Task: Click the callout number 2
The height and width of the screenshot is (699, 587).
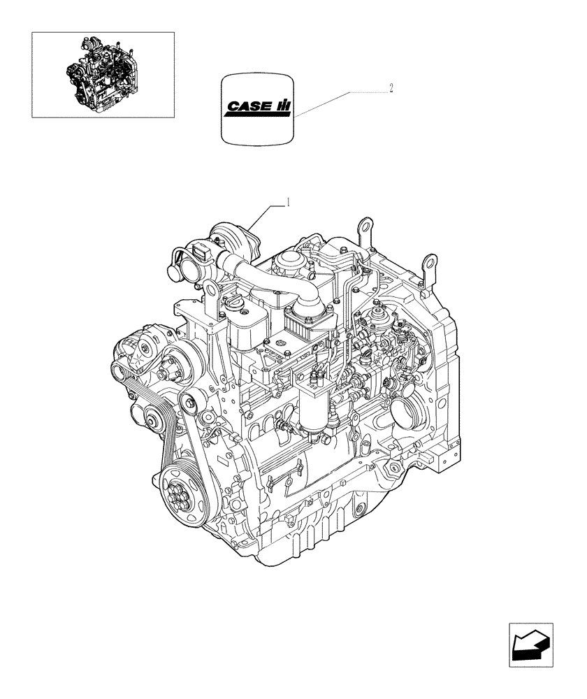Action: click(391, 88)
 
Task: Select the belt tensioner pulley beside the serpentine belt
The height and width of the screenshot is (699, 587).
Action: click(190, 403)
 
